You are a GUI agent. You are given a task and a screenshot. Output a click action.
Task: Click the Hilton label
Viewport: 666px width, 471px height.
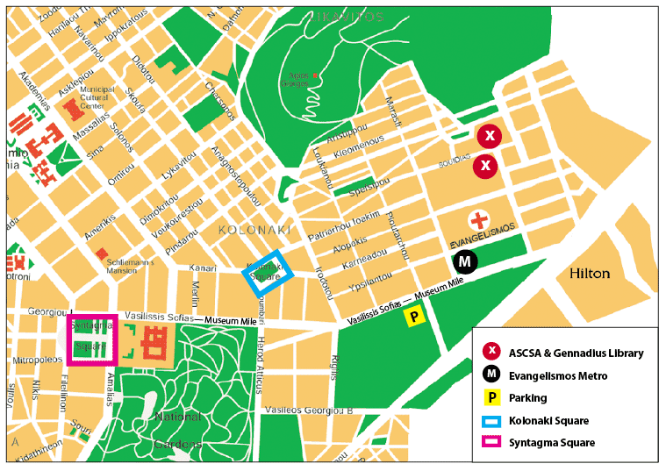point(590,274)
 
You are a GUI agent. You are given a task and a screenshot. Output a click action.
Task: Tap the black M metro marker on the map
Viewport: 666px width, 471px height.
point(466,261)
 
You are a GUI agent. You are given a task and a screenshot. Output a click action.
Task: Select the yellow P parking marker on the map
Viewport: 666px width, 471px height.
point(414,318)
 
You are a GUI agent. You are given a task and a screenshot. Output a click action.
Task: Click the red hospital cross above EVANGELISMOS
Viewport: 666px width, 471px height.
point(477,220)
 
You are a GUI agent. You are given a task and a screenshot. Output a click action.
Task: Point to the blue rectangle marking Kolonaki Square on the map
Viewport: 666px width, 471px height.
point(266,271)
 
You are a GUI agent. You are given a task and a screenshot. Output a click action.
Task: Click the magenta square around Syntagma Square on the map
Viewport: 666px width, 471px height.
point(92,339)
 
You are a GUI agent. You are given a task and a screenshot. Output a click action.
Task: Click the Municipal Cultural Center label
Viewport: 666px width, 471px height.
point(97,97)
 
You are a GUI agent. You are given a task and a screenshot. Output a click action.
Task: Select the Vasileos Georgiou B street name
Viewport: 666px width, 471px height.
point(309,410)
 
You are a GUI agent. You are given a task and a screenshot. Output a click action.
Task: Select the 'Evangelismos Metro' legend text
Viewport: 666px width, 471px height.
point(557,376)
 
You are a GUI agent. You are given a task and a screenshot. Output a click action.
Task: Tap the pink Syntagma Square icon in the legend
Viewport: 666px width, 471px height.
point(492,443)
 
